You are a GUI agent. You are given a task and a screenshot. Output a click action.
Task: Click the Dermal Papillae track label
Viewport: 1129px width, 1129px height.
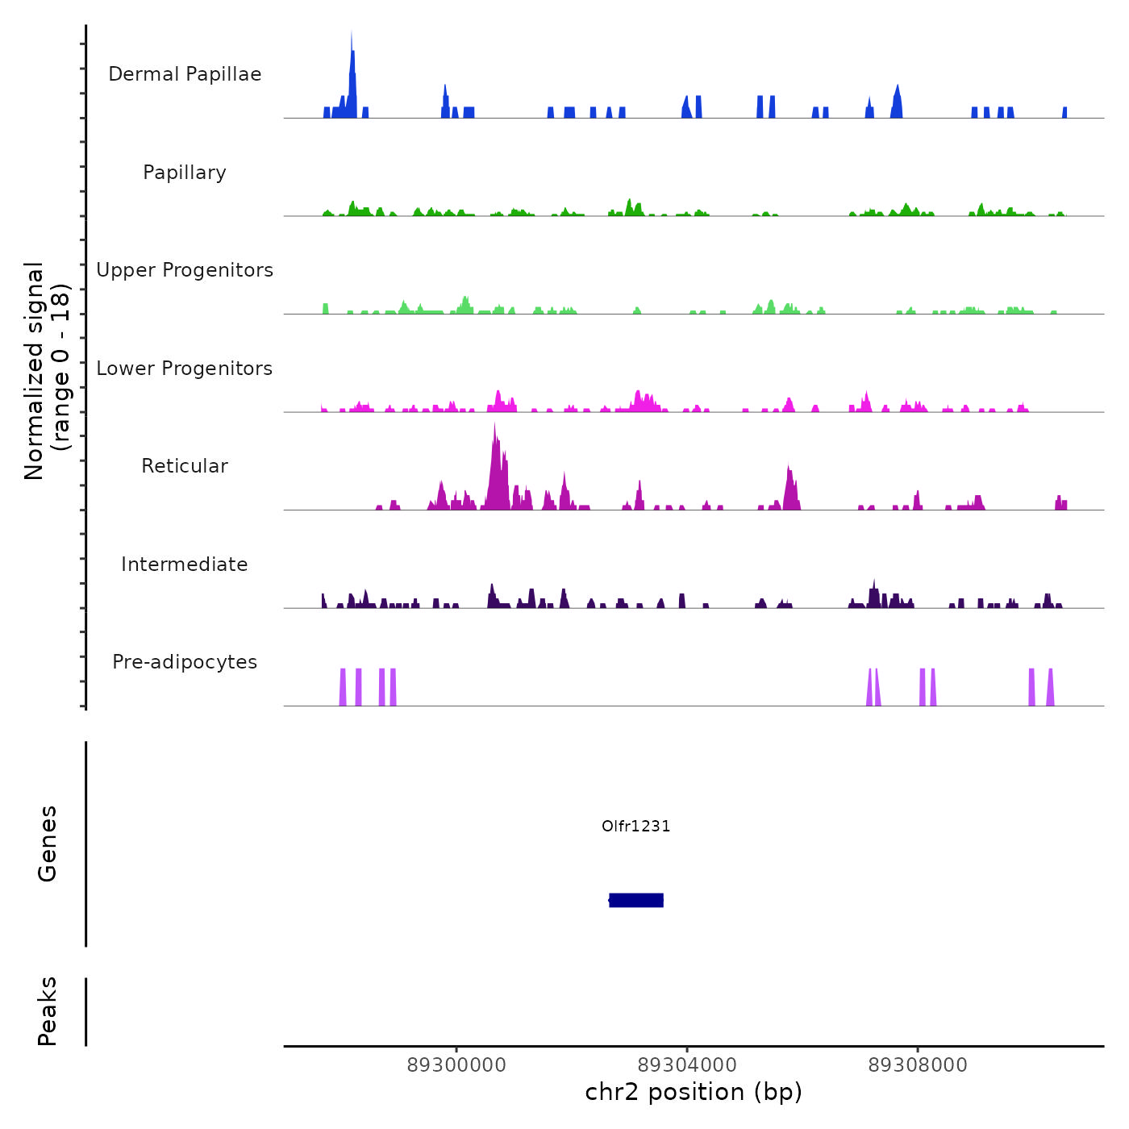185,74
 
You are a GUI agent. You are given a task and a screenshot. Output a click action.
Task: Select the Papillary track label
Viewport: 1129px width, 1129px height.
185,173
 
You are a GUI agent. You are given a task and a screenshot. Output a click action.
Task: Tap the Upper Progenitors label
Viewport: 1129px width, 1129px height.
185,270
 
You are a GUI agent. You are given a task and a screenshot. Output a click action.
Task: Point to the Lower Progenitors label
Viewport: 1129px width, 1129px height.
185,369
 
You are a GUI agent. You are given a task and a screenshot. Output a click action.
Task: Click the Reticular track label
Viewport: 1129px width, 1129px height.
185,466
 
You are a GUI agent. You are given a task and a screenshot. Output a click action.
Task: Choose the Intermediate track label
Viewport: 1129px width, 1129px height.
185,564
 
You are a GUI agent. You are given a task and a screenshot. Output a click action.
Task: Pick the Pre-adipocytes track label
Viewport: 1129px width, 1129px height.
185,662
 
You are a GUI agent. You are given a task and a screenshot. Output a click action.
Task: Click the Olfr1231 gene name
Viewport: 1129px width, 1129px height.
636,826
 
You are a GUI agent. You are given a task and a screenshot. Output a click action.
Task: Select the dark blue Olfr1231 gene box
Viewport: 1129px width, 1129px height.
636,900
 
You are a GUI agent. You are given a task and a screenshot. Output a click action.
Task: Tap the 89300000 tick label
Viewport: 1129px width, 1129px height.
456,1065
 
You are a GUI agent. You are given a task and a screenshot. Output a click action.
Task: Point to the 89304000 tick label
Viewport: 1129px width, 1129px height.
687,1065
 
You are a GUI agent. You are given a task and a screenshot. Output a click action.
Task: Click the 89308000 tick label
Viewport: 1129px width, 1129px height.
918,1065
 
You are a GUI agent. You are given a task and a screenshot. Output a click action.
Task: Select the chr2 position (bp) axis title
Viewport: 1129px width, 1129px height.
694,1092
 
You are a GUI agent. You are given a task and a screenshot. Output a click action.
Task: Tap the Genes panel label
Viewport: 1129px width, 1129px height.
48,844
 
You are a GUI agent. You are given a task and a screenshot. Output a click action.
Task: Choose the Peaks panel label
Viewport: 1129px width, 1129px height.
48,1011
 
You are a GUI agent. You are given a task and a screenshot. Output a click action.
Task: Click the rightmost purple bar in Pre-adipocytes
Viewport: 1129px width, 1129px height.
1050,688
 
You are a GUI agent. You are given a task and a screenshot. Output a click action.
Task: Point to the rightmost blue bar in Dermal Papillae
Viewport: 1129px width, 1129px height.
1064,113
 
